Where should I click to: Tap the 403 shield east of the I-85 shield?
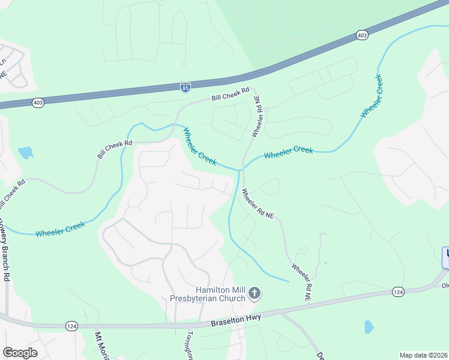(362, 35)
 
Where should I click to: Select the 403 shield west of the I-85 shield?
(38, 103)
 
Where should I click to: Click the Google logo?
(20, 353)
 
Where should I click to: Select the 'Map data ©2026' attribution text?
(424, 355)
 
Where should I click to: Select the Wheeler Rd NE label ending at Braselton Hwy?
(302, 281)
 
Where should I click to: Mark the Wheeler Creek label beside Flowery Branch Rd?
(60, 229)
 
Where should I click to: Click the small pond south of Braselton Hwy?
(369, 327)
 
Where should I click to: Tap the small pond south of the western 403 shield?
(26, 152)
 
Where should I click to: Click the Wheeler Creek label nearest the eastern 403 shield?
(371, 96)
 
